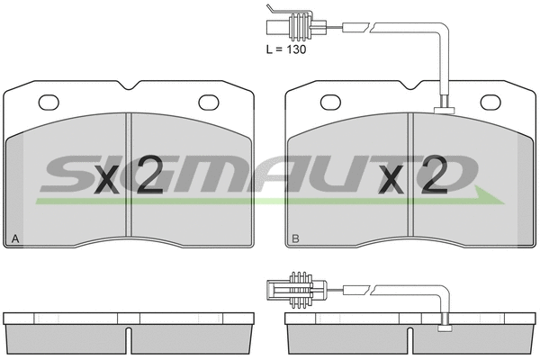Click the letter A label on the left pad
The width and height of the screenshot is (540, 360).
13,239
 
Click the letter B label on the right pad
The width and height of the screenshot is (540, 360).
294,239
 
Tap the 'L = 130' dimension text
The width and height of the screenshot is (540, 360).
286,49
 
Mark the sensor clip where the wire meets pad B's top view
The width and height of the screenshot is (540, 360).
443,111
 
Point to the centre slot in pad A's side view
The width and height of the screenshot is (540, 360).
130,338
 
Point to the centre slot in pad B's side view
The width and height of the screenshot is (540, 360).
410,338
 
